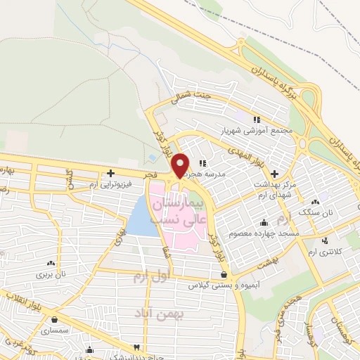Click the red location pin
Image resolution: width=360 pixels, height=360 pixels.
[181, 165]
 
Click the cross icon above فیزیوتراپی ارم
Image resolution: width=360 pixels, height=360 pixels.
[110, 172]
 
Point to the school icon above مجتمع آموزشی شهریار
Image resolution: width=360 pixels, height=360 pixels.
[257, 120]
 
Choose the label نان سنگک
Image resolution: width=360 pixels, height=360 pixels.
[314, 211]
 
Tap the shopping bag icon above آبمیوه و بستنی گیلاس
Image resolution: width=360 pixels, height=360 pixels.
[224, 274]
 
